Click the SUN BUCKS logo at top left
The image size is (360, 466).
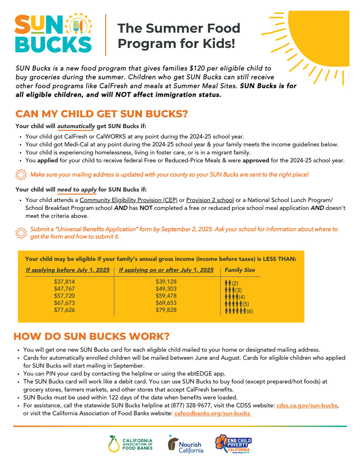[x=53, y=33]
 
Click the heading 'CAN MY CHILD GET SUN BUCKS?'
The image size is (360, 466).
[x=101, y=114]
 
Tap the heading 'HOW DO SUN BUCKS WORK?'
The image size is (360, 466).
[x=92, y=336]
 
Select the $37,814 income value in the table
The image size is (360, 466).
[x=64, y=282]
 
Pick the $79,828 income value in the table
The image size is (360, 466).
[x=166, y=310]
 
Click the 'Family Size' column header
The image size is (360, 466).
[x=240, y=270]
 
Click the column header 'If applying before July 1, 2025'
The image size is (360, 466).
[x=68, y=270]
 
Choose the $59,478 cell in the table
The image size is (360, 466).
[x=166, y=296]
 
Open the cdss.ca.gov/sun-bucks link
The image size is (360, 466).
[x=307, y=406]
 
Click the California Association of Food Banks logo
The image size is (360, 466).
[x=131, y=444]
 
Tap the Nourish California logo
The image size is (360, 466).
[x=186, y=444]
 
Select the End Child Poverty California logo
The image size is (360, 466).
[x=233, y=444]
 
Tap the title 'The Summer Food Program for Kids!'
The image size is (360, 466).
[x=179, y=36]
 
